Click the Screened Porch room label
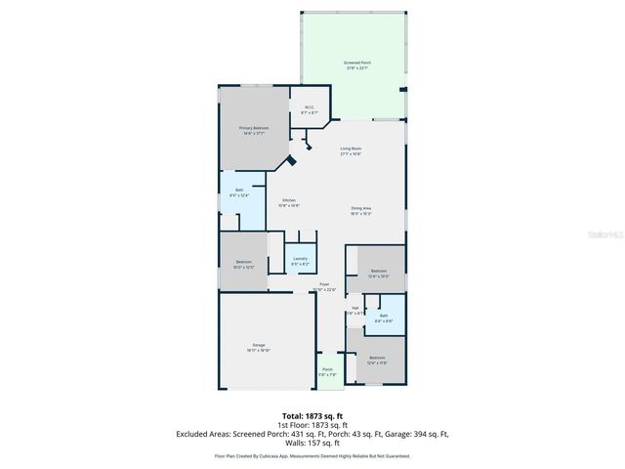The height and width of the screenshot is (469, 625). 356,64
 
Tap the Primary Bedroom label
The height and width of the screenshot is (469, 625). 254,130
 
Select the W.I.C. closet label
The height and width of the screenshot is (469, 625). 309,110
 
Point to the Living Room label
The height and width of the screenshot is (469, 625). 351,150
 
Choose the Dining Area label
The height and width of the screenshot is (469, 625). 361,210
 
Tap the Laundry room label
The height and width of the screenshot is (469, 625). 301,261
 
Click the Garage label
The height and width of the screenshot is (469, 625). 259,347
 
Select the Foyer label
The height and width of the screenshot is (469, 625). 324,286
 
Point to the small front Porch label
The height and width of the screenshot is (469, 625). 328,371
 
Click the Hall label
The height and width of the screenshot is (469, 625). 355,311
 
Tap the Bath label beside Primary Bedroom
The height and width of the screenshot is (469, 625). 239,193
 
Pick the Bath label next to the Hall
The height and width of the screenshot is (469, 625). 384,318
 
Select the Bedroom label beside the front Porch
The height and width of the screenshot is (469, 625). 377,361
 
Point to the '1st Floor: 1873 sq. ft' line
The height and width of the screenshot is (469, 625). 312,425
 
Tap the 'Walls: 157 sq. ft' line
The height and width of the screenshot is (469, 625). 312,443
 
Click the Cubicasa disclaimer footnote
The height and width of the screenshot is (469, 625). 312,455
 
